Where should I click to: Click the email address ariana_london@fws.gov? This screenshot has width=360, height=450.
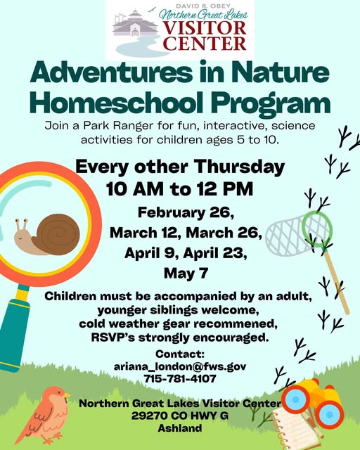[180, 366]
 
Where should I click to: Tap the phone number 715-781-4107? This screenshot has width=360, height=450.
[180, 378]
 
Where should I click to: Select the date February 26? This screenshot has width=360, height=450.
[180, 213]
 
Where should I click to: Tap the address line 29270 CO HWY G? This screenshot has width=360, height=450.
[180, 416]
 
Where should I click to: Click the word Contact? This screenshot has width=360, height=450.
[180, 354]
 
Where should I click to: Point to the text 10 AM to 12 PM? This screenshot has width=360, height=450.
[180, 188]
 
